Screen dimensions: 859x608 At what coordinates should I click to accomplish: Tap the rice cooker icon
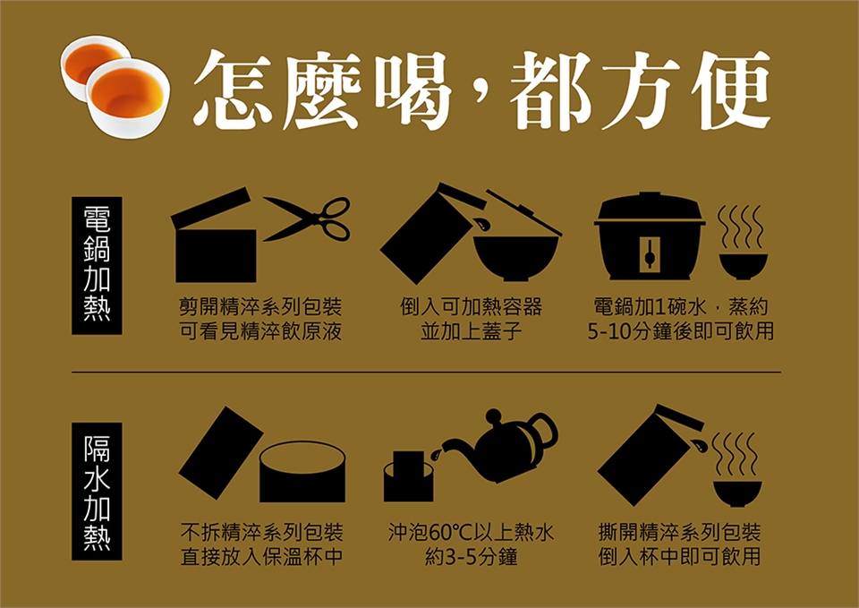point(650,236)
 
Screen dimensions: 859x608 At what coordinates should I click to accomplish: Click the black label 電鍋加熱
point(97,266)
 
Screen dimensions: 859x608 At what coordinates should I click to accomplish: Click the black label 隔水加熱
point(97,492)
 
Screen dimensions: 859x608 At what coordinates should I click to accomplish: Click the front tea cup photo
point(128,98)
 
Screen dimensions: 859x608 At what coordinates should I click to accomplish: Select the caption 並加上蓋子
point(472,331)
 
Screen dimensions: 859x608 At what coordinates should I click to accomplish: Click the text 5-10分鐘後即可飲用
point(680,331)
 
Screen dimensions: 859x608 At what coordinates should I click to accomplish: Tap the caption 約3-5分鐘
point(472,558)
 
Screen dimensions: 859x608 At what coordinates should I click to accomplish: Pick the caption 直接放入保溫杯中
point(262,558)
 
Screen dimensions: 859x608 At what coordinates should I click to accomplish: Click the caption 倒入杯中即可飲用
point(679,558)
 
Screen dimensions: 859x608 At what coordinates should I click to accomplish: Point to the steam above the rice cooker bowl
point(741,227)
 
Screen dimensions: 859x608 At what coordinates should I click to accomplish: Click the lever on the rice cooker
point(650,253)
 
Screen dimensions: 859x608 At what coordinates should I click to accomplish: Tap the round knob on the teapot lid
point(494,416)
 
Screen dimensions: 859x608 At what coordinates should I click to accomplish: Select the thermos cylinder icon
point(302,472)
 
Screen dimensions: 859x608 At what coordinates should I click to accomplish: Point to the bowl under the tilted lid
point(515,258)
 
